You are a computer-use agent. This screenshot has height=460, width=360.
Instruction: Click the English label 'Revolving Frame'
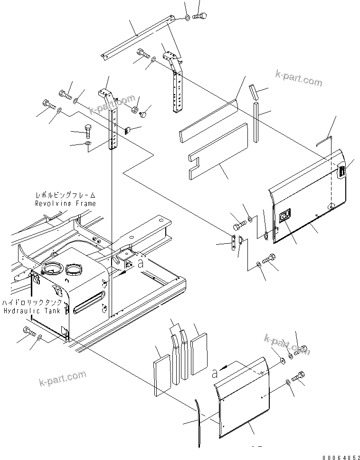click(x=65, y=203)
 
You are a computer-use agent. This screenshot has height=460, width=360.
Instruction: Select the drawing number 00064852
click(x=340, y=457)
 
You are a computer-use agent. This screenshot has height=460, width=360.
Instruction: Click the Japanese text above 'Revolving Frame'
click(x=66, y=195)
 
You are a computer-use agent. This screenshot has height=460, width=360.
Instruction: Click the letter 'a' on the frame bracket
click(x=140, y=264)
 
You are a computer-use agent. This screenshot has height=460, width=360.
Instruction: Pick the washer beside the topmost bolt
click(x=188, y=18)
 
